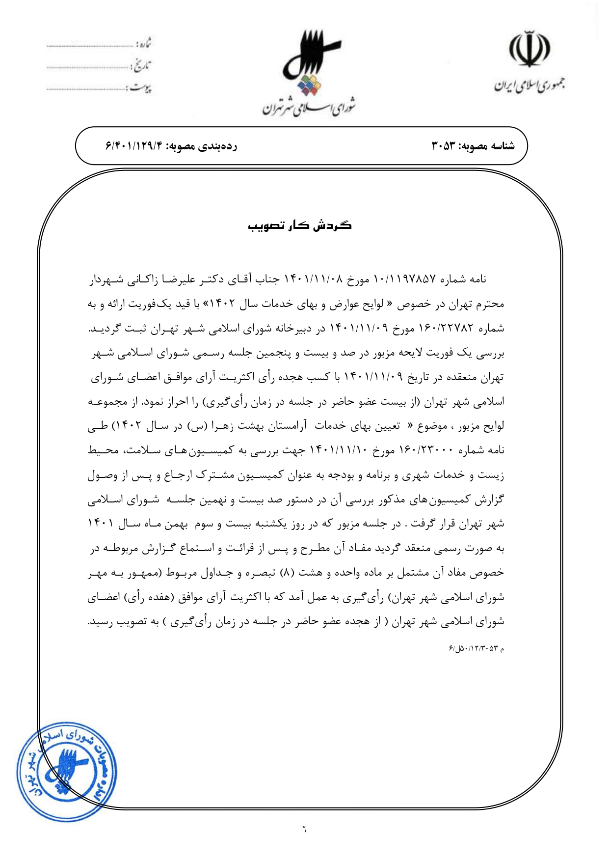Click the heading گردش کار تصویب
tap(300, 225)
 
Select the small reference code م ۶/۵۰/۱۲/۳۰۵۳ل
tap(476, 649)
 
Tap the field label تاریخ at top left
tap(142, 65)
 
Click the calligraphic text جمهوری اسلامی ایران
tap(530, 85)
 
